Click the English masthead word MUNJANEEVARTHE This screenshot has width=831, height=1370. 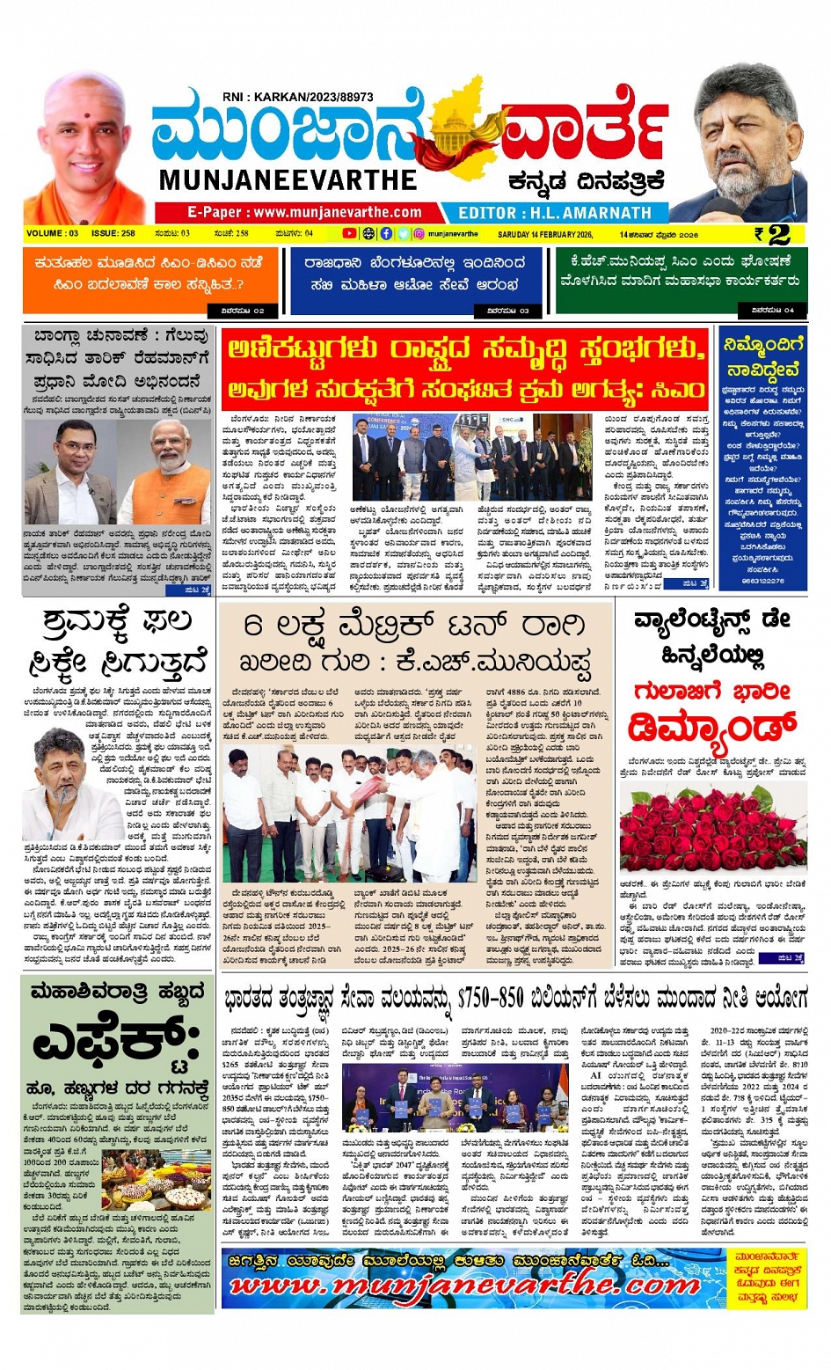click(x=288, y=179)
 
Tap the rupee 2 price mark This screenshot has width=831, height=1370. click(x=772, y=234)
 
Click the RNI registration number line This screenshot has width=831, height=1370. click(x=297, y=97)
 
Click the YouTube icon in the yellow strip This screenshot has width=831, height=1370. click(x=349, y=234)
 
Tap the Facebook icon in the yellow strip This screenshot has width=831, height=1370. click(x=386, y=234)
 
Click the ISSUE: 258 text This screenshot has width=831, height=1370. click(x=113, y=234)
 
